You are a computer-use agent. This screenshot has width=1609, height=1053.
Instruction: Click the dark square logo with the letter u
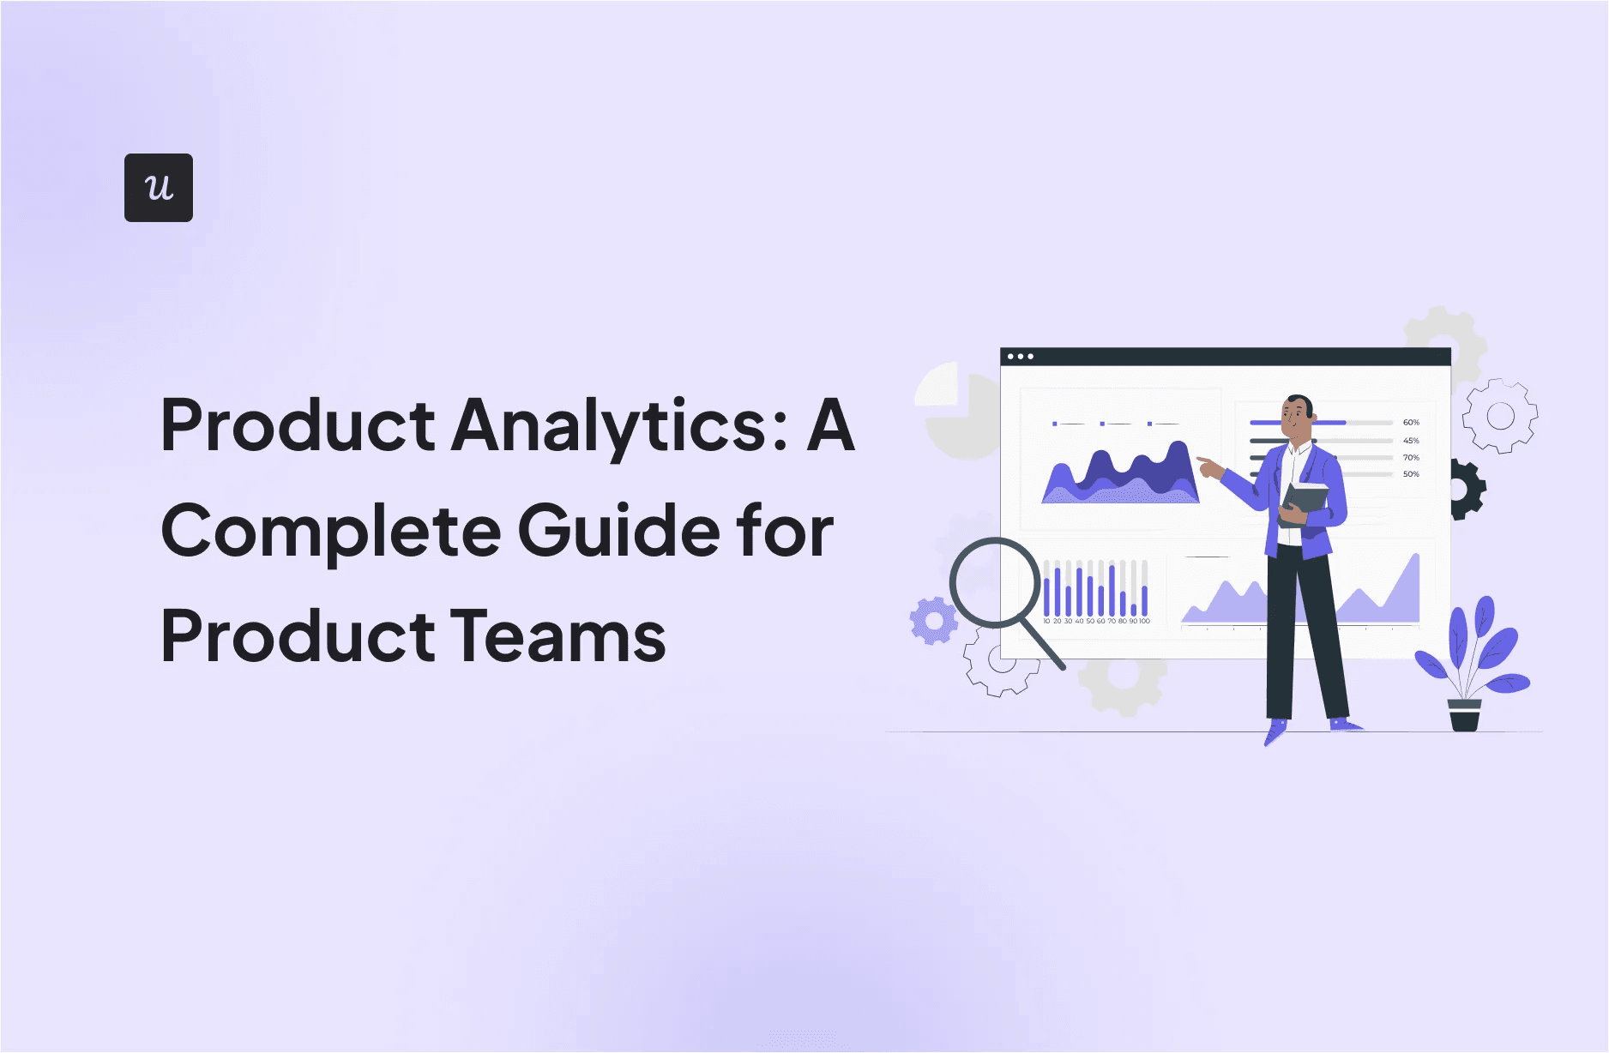[159, 188]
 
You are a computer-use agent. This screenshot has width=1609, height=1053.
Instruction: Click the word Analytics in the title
[619, 425]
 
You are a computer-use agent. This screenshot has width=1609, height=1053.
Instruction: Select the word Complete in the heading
[330, 532]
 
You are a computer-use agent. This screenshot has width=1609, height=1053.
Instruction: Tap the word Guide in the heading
[619, 532]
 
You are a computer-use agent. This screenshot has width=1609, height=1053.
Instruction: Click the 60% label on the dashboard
[1411, 423]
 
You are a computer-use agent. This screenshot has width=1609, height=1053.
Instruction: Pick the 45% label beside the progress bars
[1411, 441]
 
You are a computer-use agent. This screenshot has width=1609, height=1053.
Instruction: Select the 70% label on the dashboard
[1411, 458]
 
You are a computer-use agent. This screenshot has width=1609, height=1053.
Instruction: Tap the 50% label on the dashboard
[1411, 474]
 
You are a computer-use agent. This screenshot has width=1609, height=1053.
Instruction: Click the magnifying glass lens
[995, 582]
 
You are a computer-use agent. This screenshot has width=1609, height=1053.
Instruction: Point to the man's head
[1297, 416]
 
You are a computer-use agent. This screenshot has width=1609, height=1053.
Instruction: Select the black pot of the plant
[1464, 715]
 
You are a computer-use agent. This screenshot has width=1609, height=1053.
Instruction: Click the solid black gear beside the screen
[1466, 490]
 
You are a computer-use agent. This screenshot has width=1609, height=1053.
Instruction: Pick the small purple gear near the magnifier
[933, 620]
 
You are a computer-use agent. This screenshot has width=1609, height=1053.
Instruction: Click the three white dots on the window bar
[1020, 357]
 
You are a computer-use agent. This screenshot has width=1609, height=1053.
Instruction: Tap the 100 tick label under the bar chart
[1145, 621]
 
